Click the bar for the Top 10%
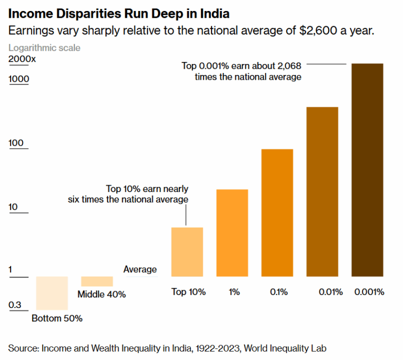tap(187, 251)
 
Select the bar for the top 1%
tap(232, 232)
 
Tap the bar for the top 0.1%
tap(277, 213)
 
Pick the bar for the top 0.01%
tap(322, 192)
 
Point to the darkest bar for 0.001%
tap(367, 170)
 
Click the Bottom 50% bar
tap(51, 293)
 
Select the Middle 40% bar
tap(97, 281)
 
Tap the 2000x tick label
tap(22, 59)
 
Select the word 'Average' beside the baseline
tap(140, 269)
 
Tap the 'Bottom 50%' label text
tap(57, 318)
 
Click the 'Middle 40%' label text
tap(102, 294)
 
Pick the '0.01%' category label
tap(331, 292)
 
